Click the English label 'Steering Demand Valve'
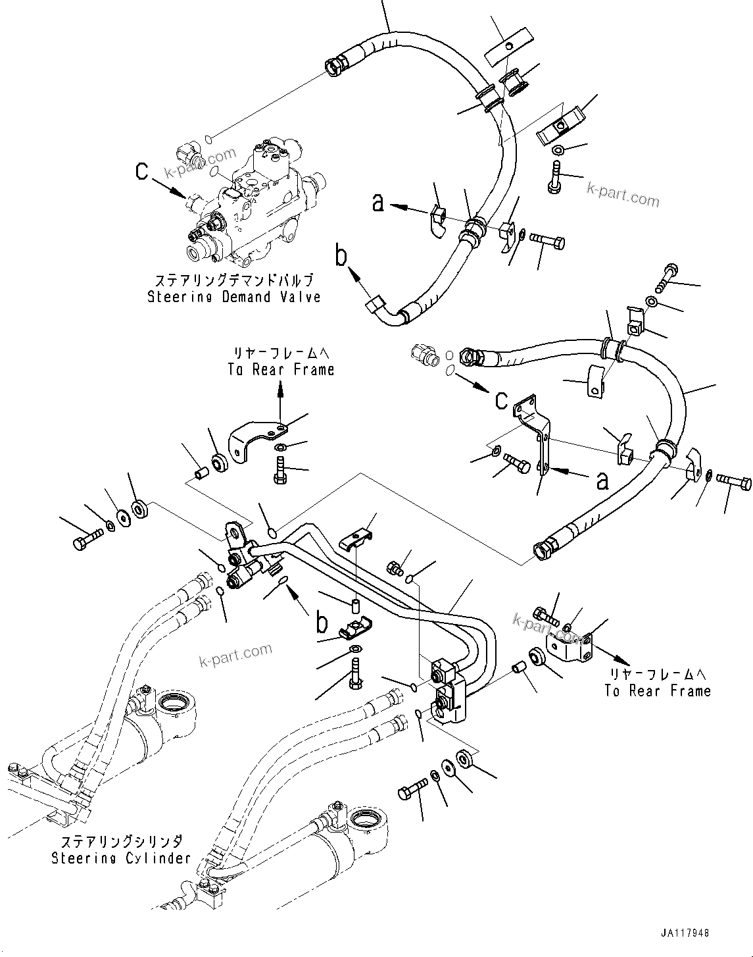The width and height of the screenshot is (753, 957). (x=233, y=297)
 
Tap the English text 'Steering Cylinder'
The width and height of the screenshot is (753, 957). (x=121, y=858)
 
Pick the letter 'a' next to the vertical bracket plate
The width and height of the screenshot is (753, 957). (x=601, y=482)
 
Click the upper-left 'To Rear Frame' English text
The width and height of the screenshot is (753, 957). (x=281, y=370)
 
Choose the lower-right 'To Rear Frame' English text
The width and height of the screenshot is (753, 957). (x=658, y=690)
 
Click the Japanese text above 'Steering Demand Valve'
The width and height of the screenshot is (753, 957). (x=233, y=280)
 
